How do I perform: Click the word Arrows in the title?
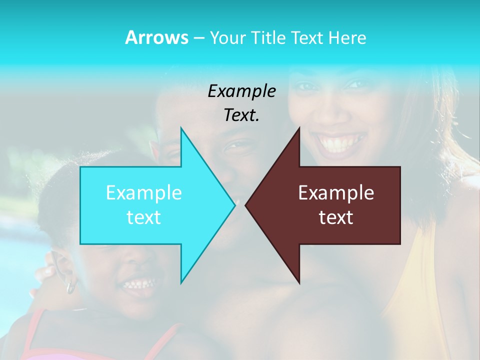click(x=156, y=37)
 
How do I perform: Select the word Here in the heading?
click(x=347, y=37)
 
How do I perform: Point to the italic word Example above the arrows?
click(x=241, y=91)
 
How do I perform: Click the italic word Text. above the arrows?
click(x=241, y=115)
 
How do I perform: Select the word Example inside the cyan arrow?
click(x=144, y=192)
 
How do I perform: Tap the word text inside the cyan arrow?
click(x=144, y=217)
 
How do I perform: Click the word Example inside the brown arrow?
click(x=336, y=192)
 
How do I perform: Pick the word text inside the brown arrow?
click(x=336, y=217)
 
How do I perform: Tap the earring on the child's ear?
click(x=70, y=287)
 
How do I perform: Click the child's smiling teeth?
click(x=136, y=284)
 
